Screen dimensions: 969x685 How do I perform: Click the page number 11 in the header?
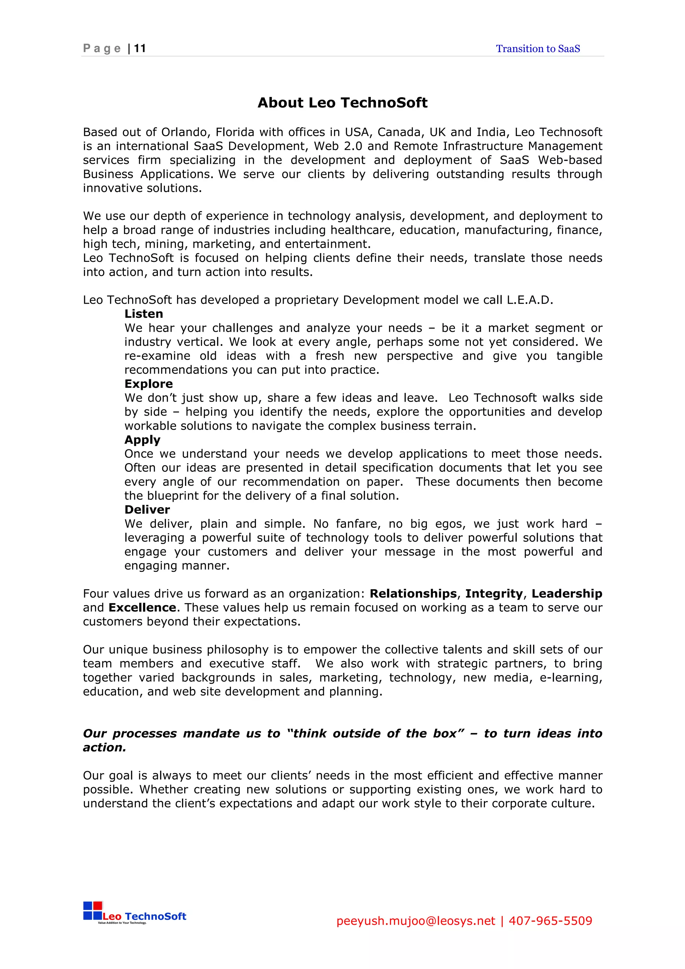click(140, 48)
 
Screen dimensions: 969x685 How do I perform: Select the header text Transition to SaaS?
click(538, 49)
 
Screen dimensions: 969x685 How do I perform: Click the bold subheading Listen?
click(143, 314)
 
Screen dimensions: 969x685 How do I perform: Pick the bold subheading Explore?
click(149, 384)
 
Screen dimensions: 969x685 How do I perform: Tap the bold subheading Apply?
click(142, 440)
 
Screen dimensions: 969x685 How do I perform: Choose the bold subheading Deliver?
click(147, 510)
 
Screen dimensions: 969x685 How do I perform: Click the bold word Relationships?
click(413, 594)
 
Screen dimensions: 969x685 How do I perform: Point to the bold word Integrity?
click(494, 594)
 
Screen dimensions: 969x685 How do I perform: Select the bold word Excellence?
click(142, 608)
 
